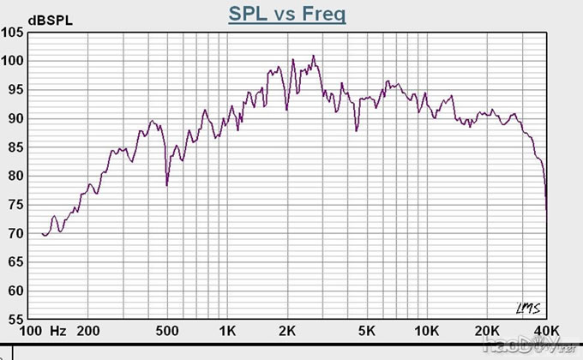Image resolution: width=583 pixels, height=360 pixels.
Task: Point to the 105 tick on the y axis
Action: click(x=13, y=33)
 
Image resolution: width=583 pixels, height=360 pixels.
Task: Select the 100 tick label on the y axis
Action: click(x=13, y=61)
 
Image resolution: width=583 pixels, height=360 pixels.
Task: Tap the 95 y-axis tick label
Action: click(x=16, y=90)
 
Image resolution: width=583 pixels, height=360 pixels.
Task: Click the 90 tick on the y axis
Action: click(x=16, y=118)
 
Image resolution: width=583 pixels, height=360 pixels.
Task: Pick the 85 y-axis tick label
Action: click(x=16, y=147)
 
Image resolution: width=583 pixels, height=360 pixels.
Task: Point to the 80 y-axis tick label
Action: click(x=16, y=176)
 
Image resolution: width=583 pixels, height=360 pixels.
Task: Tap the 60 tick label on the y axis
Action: click(x=16, y=291)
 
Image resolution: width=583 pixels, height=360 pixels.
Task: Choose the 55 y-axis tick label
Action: click(x=16, y=319)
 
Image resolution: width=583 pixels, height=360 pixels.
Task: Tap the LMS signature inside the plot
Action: click(x=526, y=308)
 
